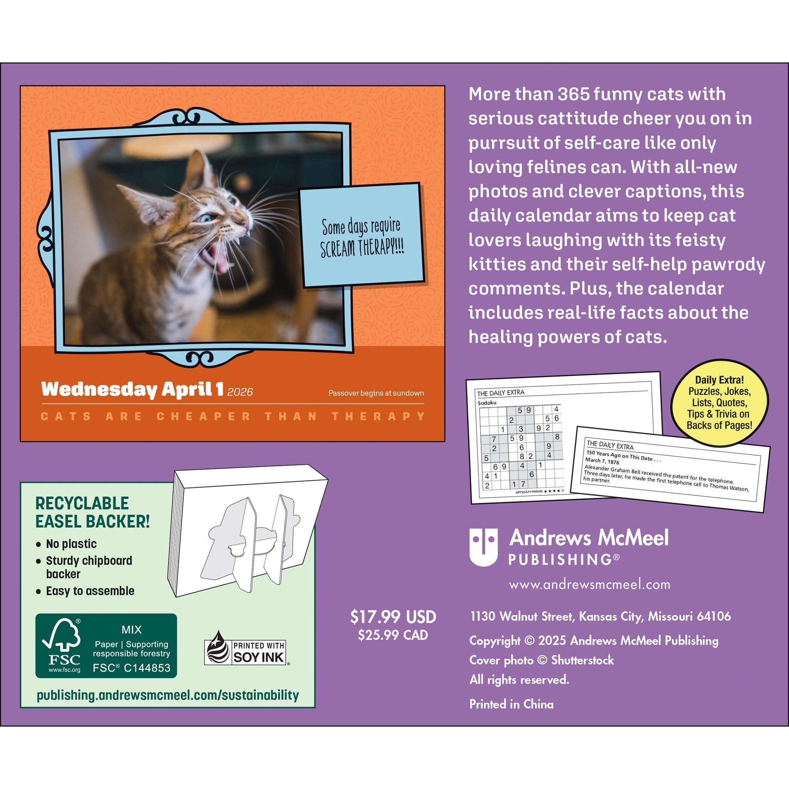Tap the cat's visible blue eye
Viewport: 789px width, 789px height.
point(203,218)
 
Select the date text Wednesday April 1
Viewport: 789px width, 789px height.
point(132,389)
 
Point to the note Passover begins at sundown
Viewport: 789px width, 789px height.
point(376,393)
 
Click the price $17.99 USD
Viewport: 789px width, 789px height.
point(393,617)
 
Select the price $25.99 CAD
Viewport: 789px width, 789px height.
point(393,635)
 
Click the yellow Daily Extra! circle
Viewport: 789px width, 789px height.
point(719,403)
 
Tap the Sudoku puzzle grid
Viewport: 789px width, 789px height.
point(521,447)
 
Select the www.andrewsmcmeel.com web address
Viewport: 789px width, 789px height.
point(589,584)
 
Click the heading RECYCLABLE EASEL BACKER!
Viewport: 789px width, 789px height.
point(92,512)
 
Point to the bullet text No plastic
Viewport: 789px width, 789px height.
point(71,544)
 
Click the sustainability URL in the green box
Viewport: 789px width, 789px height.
point(168,695)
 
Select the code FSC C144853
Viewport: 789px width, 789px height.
point(131,668)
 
